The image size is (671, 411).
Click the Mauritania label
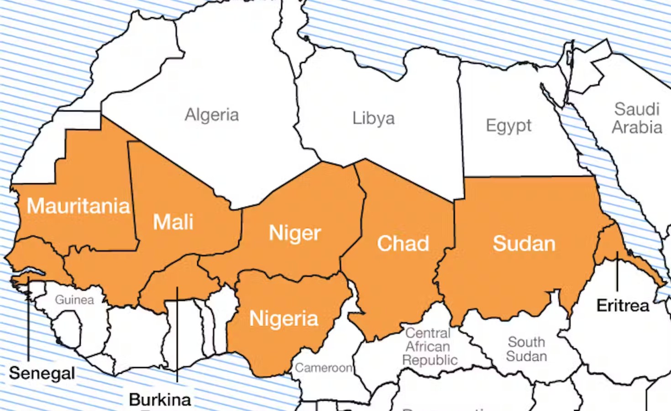[78, 206]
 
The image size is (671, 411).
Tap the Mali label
[173, 222]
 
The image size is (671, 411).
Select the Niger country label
[295, 233]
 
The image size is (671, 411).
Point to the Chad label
[403, 243]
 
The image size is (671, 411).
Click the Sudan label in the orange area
[524, 243]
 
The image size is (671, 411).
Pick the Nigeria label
[283, 318]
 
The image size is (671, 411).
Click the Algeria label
[212, 115]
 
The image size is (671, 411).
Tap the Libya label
[373, 118]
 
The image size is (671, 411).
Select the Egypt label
[508, 125]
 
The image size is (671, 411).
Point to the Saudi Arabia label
[637, 118]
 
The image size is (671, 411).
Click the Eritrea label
[623, 306]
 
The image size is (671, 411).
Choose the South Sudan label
[526, 349]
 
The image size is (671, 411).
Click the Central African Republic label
[429, 346]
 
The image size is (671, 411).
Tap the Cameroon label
[323, 368]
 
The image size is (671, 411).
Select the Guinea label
[74, 300]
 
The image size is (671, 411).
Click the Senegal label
[42, 373]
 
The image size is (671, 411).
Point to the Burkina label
[160, 400]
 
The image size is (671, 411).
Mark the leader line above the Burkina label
[177, 333]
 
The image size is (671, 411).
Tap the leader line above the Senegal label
[28, 320]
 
